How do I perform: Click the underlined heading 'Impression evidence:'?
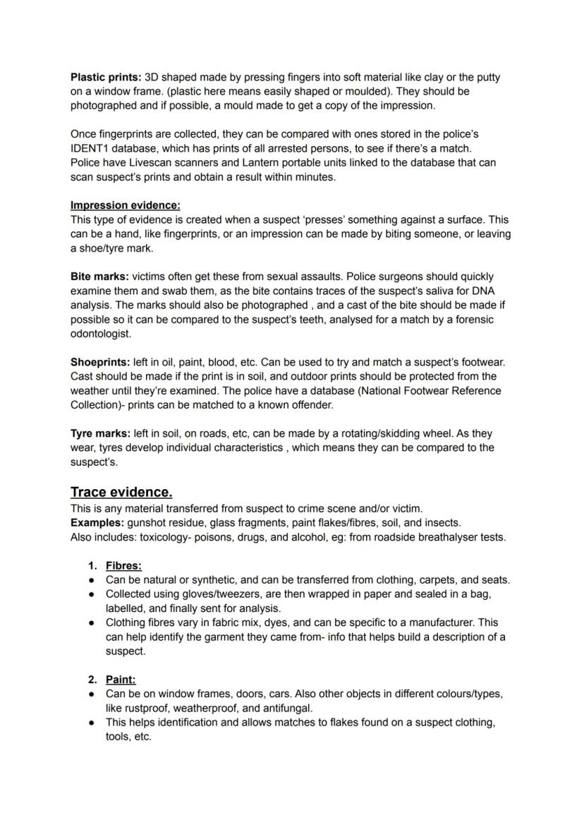click(x=125, y=205)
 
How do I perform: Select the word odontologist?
click(x=101, y=334)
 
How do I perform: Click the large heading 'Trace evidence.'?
click(x=121, y=492)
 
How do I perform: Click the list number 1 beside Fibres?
click(x=92, y=565)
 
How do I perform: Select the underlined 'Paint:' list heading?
click(x=121, y=679)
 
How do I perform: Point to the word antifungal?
click(x=287, y=708)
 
